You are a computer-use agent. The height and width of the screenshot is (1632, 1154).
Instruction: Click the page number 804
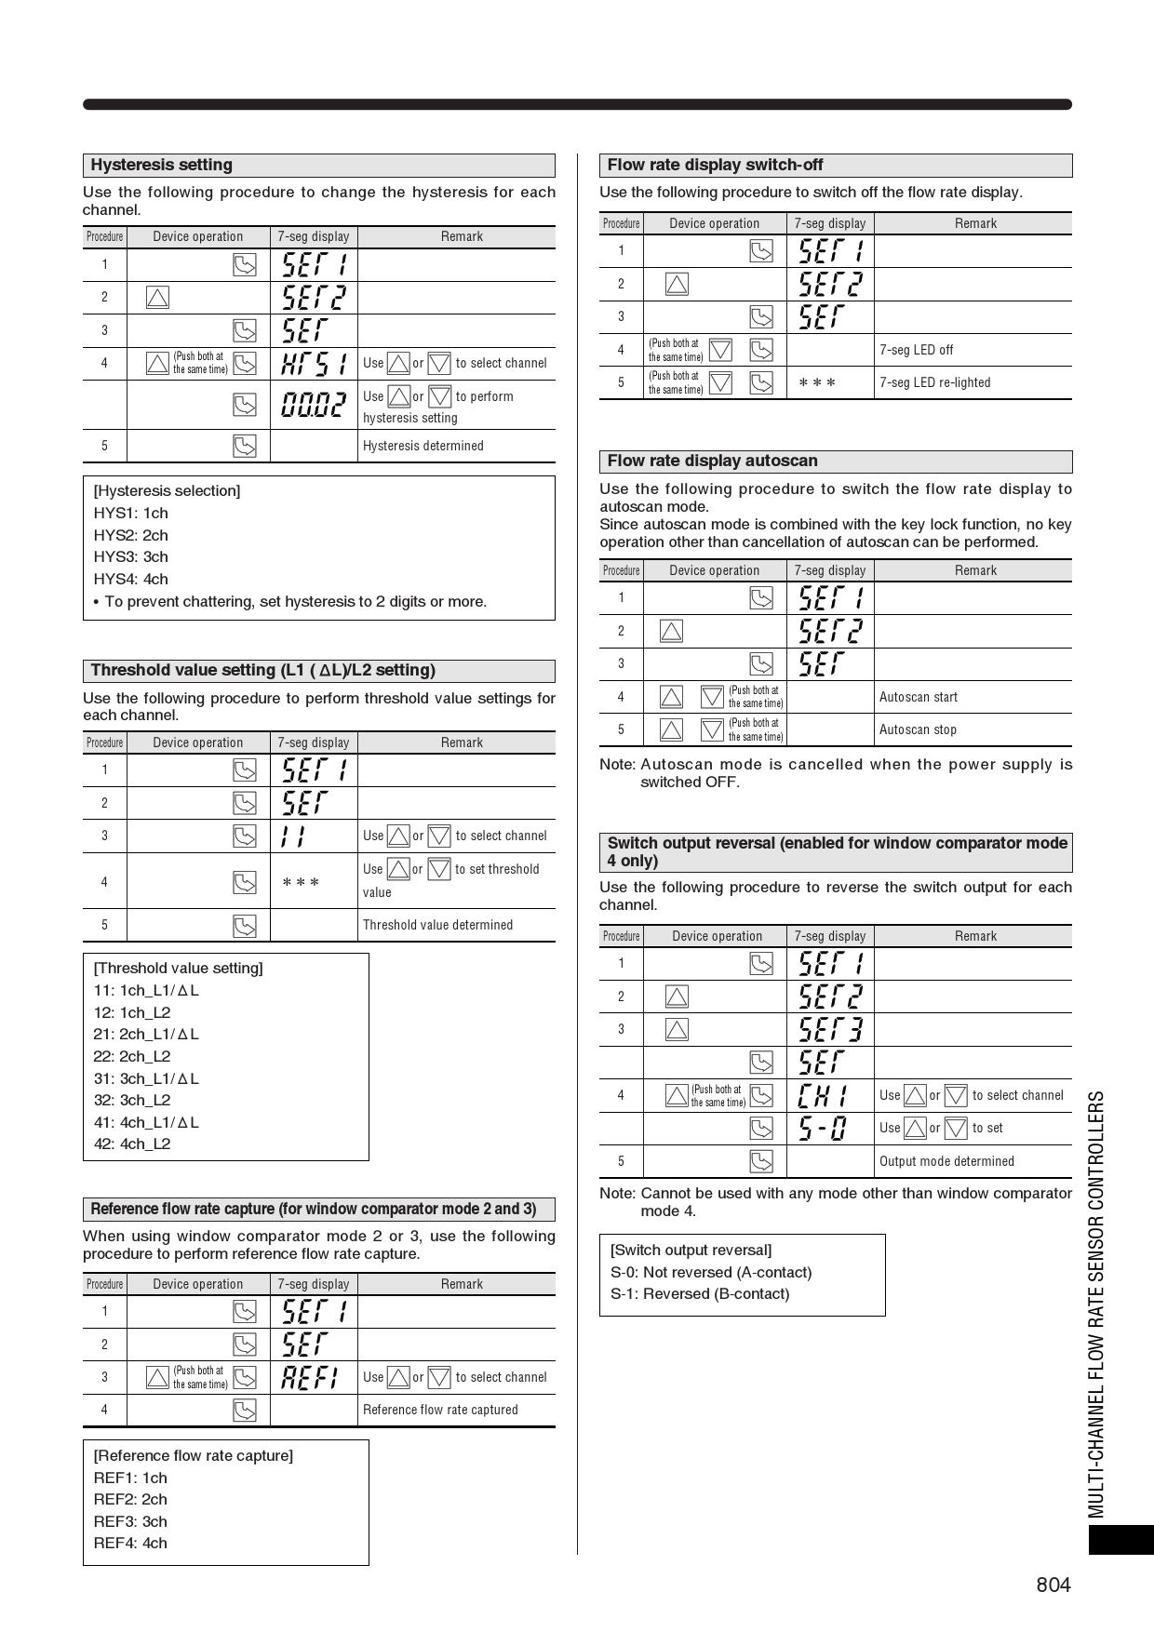pos(1053,1585)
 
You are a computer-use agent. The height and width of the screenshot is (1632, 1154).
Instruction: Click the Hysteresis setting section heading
pos(162,166)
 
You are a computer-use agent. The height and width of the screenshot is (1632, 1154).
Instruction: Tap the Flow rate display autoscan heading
pos(712,462)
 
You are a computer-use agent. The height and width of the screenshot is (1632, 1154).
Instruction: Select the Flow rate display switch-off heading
pos(715,166)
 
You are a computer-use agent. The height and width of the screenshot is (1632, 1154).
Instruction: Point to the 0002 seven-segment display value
pos(314,404)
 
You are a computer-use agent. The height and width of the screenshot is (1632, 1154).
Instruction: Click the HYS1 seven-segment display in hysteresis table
pos(314,363)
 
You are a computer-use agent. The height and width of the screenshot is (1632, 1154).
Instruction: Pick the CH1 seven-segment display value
pos(823,1095)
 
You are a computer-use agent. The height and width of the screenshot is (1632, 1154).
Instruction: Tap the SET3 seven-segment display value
pos(830,1029)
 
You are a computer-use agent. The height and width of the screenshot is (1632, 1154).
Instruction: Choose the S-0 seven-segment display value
pos(823,1129)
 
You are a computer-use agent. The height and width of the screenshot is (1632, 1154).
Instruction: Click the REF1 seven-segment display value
pos(310,1377)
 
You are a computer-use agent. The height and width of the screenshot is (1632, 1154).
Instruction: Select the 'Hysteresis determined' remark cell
pos(423,446)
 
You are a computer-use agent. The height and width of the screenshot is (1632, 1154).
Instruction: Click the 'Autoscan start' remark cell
pos(919,697)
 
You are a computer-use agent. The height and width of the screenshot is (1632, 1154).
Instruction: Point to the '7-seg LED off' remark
pos(917,350)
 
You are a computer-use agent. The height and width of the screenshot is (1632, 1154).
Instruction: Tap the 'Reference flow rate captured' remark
pos(440,1410)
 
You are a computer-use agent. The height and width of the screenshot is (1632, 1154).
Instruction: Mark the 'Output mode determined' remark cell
pos(946,1161)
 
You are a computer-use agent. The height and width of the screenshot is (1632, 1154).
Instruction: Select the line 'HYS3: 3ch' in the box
pos(130,556)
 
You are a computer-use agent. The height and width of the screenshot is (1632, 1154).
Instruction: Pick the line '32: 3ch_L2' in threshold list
pos(132,1100)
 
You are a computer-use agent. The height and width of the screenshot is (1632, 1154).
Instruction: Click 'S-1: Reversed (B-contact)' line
pos(699,1293)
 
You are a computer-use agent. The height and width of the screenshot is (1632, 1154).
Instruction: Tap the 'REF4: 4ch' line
pos(130,1543)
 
